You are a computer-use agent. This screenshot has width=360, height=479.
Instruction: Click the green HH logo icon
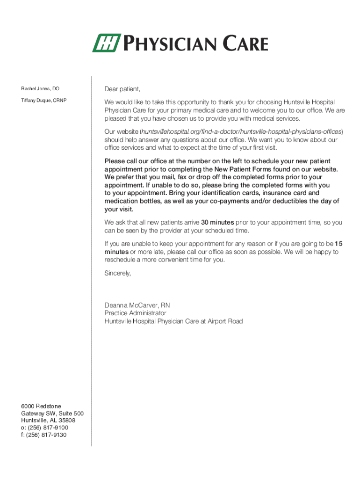107,43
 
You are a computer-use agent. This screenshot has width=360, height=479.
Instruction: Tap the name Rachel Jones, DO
40,88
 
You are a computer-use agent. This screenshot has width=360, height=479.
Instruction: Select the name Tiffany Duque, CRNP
43,101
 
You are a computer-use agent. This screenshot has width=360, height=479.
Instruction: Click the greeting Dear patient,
122,89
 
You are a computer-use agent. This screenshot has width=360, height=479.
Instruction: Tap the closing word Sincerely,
118,274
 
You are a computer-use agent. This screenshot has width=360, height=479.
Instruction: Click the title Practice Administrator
135,313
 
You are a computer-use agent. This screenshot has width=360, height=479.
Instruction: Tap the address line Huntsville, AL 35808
48,421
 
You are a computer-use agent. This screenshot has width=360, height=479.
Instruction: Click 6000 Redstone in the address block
41,406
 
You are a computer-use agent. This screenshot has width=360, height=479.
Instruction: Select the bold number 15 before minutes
339,244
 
